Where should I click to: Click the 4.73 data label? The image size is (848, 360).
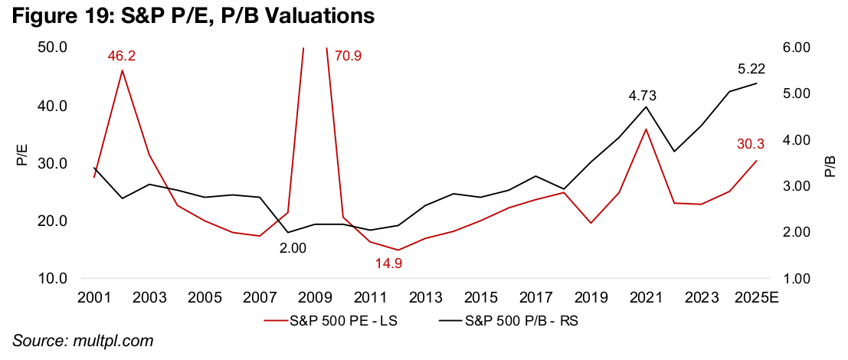pyautogui.click(x=643, y=96)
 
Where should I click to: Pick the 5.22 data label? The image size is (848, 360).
pyautogui.click(x=751, y=68)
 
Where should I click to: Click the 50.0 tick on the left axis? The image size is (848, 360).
pyautogui.click(x=54, y=47)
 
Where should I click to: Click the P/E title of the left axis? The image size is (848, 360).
pyautogui.click(x=21, y=162)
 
